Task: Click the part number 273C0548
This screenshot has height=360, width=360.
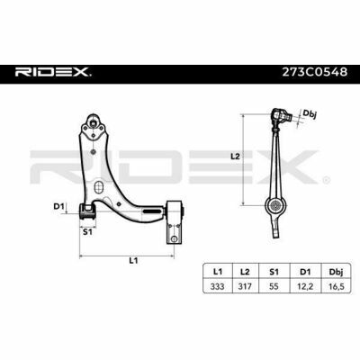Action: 315,72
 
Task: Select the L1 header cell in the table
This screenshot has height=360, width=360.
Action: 218,272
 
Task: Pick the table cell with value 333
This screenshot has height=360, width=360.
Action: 218,286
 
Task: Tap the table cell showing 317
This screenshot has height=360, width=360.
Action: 245,286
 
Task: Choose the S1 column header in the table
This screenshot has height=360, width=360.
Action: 274,272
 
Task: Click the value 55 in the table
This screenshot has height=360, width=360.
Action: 274,286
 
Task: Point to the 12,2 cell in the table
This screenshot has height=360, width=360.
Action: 305,286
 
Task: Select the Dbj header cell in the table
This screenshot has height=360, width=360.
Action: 336,272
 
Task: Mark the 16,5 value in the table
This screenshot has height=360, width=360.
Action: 336,286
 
